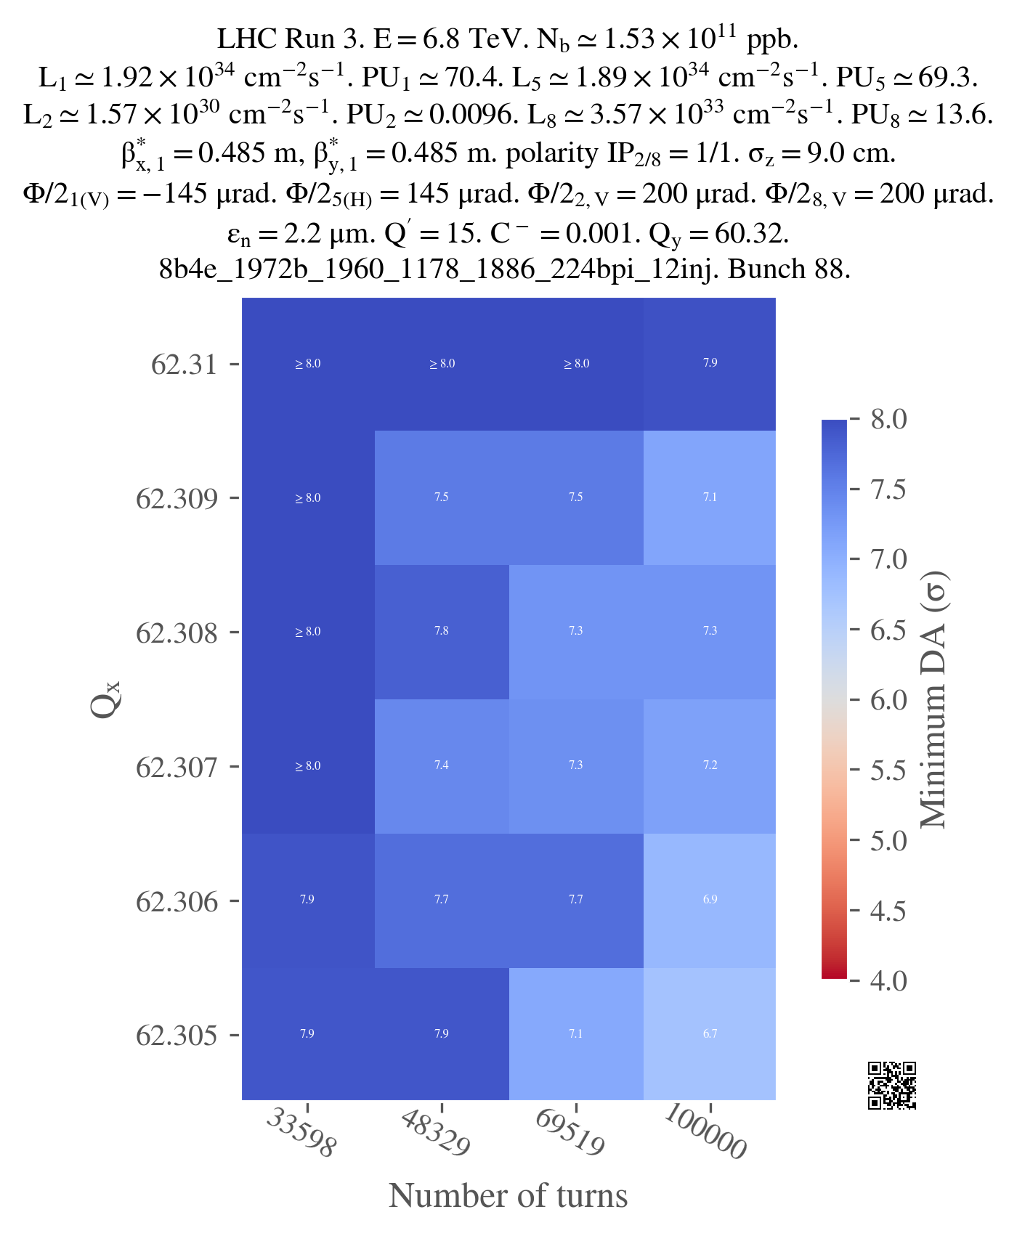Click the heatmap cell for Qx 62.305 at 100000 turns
tap(710, 1033)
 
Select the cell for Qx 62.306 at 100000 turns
tap(710, 900)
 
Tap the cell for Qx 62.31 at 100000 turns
tap(710, 363)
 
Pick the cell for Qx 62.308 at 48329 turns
tap(442, 631)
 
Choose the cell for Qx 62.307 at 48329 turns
tap(442, 765)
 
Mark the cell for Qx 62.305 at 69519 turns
tap(576, 1033)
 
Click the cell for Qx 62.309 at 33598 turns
tap(307, 497)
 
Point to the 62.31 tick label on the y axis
tap(185, 364)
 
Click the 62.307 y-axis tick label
tap(177, 767)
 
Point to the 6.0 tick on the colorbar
tap(888, 700)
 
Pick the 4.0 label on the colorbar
tap(888, 980)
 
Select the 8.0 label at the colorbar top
tap(888, 419)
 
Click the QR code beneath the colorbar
tap(892, 1086)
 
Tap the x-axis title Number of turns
tap(508, 1196)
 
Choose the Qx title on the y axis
tap(106, 699)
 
